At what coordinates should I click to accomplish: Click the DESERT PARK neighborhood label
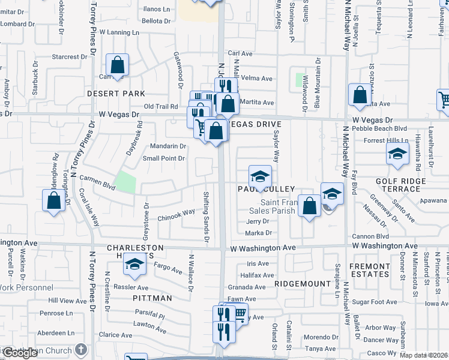click(x=116, y=94)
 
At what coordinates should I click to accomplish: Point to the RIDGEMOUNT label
click(x=303, y=283)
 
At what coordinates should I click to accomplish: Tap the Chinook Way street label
click(x=176, y=212)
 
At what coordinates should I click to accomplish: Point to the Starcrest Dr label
click(x=70, y=57)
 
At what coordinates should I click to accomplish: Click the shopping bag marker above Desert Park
click(x=118, y=65)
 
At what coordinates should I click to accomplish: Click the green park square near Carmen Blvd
click(x=125, y=182)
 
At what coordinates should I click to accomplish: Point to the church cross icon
click(x=82, y=350)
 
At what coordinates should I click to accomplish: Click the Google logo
click(x=20, y=353)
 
